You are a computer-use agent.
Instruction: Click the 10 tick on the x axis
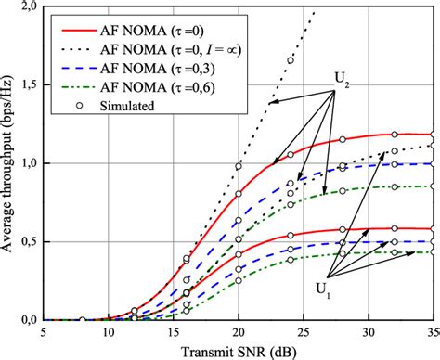(107, 331)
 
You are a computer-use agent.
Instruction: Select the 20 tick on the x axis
(239, 331)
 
